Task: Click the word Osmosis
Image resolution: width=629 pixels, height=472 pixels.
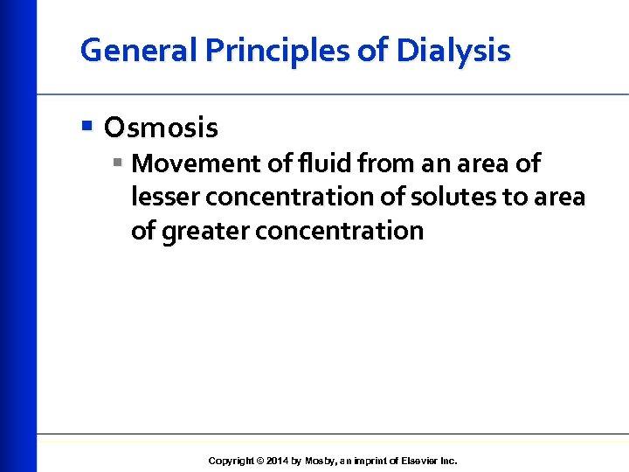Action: point(161,128)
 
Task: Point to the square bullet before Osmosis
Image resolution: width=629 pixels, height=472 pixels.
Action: point(86,128)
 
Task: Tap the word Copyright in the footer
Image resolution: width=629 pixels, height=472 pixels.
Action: point(231,461)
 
